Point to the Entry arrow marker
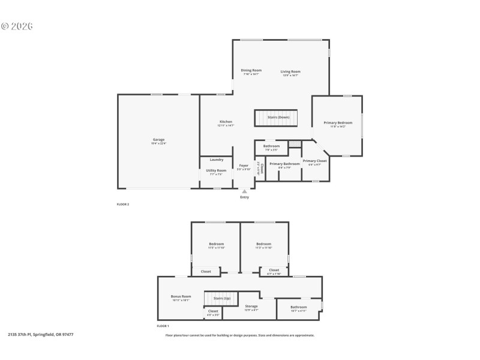pos(244,191)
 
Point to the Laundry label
pos(217,160)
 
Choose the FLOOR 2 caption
pos(122,205)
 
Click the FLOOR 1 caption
pos(163,326)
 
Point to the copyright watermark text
pos(17,26)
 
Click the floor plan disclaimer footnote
pos(240,335)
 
